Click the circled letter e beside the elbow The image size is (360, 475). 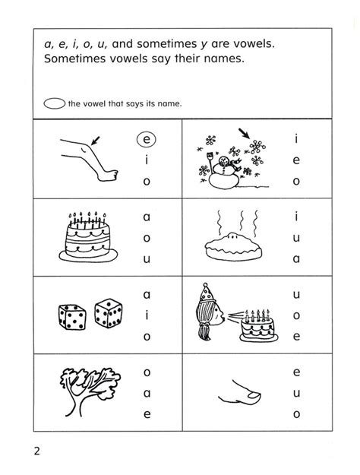[148, 140]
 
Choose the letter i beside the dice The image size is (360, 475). [147, 314]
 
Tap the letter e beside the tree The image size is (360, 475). [147, 414]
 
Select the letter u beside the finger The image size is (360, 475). [296, 391]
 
